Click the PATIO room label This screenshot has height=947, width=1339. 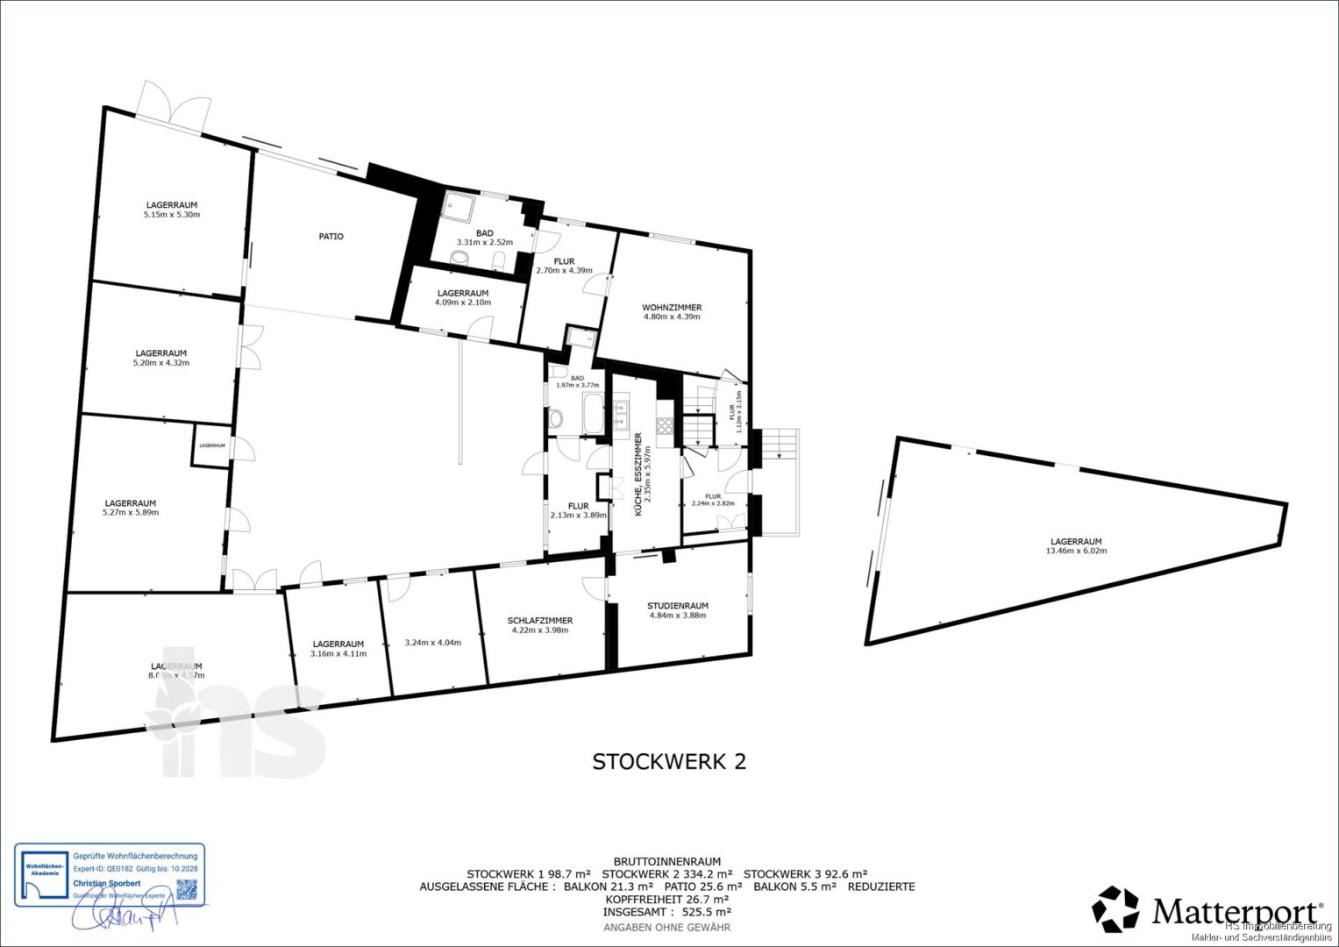331,237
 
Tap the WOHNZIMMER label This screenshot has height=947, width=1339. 672,308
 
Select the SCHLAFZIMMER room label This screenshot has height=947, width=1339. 539,621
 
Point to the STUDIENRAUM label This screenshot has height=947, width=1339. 678,606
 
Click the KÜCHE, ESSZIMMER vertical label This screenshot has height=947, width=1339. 639,473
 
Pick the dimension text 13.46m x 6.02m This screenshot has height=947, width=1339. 1076,551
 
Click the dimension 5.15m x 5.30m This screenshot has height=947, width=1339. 172,214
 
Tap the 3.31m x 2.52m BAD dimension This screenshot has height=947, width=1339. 484,242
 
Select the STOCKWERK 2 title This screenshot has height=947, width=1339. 669,761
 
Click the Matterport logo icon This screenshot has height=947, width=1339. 1116,909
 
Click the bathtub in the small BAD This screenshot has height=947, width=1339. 593,413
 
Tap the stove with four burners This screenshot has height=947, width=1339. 665,426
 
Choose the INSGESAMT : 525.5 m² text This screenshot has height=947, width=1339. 667,912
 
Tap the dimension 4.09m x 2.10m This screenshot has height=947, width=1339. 462,303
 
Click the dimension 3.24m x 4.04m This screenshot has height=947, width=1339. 432,642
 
